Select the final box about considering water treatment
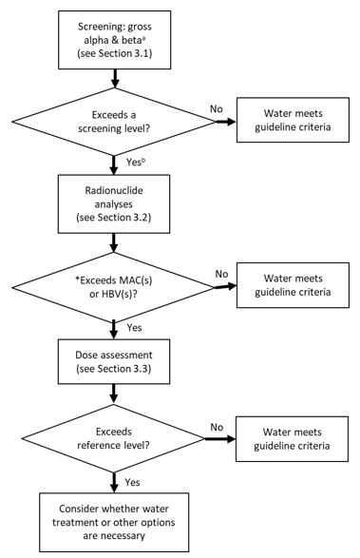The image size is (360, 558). click(x=115, y=520)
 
